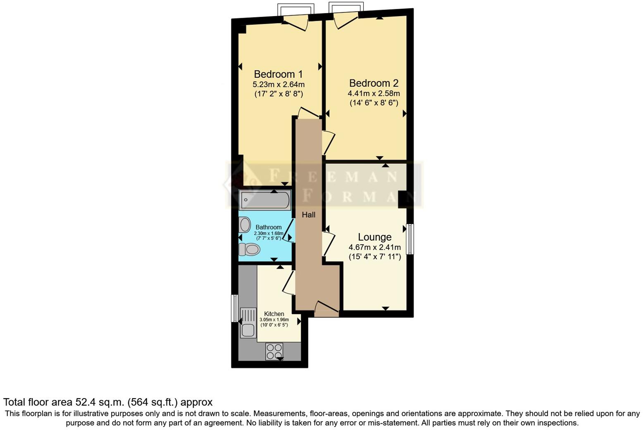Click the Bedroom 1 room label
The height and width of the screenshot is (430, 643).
(278, 74)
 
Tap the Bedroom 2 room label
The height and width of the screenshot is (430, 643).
(374, 83)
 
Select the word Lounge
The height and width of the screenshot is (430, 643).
(374, 237)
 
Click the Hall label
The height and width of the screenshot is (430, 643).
(308, 215)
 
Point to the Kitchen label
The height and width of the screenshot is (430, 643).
(274, 314)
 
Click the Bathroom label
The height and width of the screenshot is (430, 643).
(268, 227)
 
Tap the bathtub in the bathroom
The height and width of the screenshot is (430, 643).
(264, 200)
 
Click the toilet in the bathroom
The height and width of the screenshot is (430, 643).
(249, 249)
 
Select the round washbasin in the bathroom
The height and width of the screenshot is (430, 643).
(245, 225)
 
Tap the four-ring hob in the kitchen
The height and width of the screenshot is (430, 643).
(274, 351)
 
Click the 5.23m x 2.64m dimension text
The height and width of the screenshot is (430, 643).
(278, 85)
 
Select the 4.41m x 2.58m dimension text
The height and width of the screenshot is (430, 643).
(374, 93)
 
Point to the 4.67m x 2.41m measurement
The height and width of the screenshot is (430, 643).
(374, 248)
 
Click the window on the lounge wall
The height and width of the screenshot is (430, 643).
(410, 239)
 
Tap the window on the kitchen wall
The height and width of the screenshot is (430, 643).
(234, 308)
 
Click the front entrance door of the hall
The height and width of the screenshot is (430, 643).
(326, 309)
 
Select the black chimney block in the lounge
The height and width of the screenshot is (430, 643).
(402, 199)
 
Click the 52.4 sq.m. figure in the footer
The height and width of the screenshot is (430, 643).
(100, 402)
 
